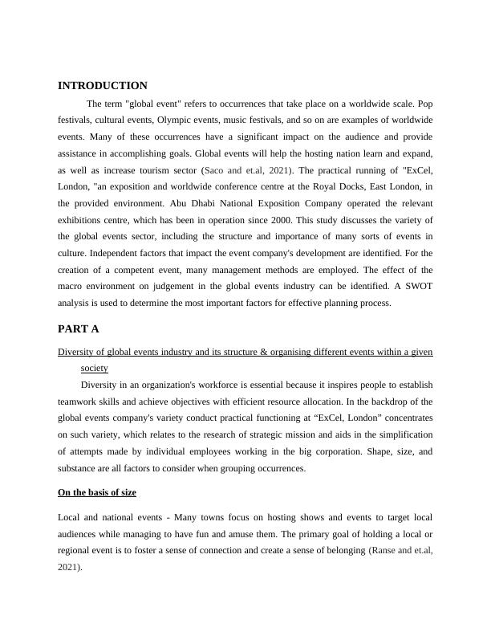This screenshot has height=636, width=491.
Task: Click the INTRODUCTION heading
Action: click(103, 86)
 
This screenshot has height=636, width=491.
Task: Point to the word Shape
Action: click(356, 451)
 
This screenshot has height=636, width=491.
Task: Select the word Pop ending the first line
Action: click(424, 104)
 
